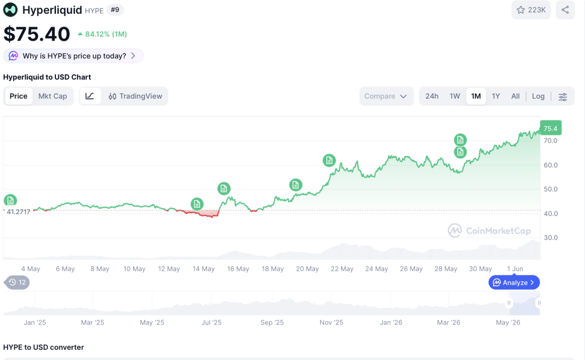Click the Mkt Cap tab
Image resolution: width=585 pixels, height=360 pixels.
point(53,96)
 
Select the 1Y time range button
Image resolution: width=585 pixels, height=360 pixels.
point(496,96)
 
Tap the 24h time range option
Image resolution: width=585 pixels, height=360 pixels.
point(432,96)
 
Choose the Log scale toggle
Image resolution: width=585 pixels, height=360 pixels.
point(538,96)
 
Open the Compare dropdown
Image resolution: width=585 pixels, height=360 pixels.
point(386,96)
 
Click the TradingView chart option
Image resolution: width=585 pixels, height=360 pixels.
point(135,96)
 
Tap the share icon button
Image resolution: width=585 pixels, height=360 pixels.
point(565,10)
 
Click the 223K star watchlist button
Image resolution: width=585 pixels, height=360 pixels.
point(531,10)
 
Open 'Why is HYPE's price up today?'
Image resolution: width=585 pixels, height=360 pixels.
point(74,56)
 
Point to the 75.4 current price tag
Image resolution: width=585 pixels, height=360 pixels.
point(551,129)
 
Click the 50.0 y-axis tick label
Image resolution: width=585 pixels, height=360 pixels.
point(551,189)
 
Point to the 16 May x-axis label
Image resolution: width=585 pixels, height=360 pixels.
point(238,269)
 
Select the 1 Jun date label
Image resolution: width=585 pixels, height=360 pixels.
point(515,269)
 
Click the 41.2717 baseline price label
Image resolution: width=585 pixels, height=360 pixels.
point(18,212)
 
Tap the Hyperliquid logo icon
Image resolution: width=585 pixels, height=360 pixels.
point(10,10)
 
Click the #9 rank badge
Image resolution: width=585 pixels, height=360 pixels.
point(115,10)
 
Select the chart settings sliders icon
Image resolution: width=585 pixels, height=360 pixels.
point(563,97)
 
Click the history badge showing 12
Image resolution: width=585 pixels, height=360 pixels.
point(17,282)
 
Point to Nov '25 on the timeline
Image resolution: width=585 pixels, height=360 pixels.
point(331,323)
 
